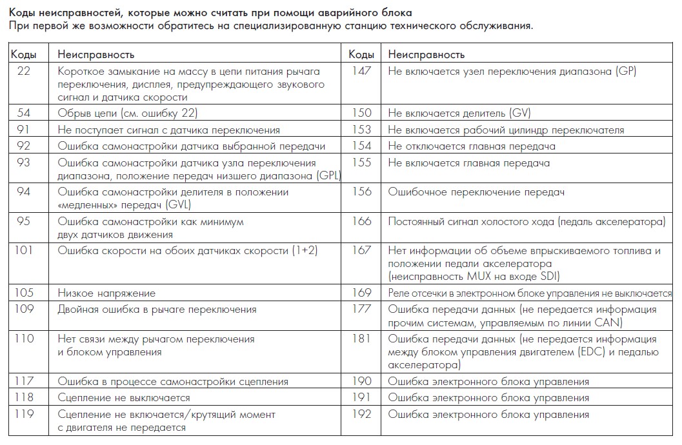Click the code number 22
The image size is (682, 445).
pyautogui.click(x=24, y=72)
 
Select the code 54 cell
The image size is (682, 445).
pyautogui.click(x=24, y=114)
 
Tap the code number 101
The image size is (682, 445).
pyautogui.click(x=24, y=250)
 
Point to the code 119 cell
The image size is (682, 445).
pyautogui.click(x=24, y=414)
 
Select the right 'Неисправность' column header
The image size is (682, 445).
pyautogui.click(x=426, y=55)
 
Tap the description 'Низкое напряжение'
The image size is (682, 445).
pyautogui.click(x=106, y=293)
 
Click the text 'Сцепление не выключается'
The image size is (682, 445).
pyautogui.click(x=124, y=398)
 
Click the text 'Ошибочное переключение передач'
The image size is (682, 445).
pyautogui.click(x=476, y=192)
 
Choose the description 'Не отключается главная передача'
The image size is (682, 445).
pyautogui.click(x=472, y=146)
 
